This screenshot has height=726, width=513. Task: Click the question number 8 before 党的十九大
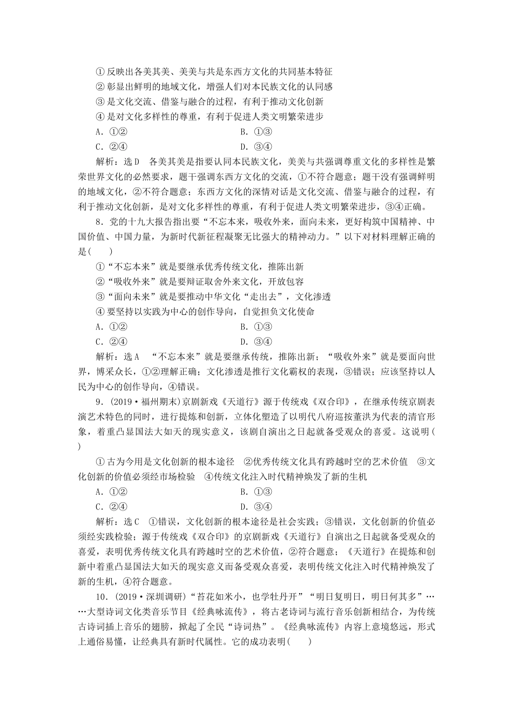[98, 221]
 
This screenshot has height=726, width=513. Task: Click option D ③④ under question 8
[256, 341]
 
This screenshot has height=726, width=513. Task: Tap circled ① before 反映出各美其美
[99, 71]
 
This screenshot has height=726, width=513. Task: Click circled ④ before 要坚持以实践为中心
[99, 312]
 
